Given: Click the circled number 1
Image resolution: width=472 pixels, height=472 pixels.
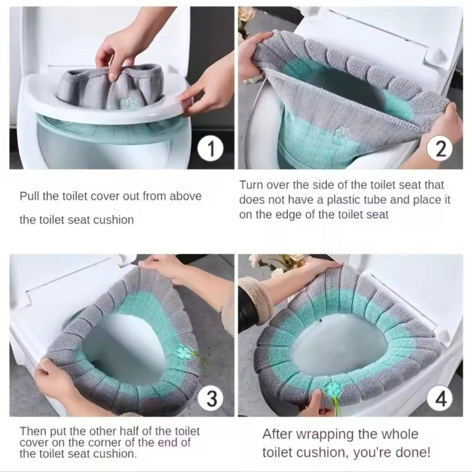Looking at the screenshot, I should click(x=212, y=150).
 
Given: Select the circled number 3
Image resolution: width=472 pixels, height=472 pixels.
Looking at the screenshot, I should click(x=212, y=399).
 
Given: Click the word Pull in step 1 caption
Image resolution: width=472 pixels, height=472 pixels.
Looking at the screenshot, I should click(x=27, y=196).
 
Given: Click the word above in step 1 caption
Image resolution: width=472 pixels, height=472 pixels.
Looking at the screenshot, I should click(x=186, y=196).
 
